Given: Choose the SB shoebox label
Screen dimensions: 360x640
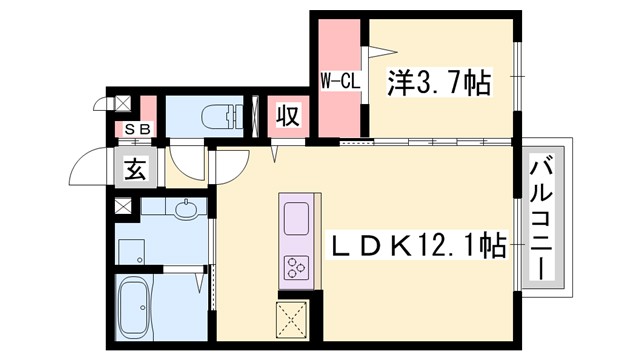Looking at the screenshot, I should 138,128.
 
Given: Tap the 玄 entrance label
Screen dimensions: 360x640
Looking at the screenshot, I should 135,170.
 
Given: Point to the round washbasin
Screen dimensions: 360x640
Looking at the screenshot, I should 186,211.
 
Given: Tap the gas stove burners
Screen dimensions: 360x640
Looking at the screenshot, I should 298,266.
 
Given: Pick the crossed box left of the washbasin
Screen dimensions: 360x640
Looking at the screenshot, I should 122,206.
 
